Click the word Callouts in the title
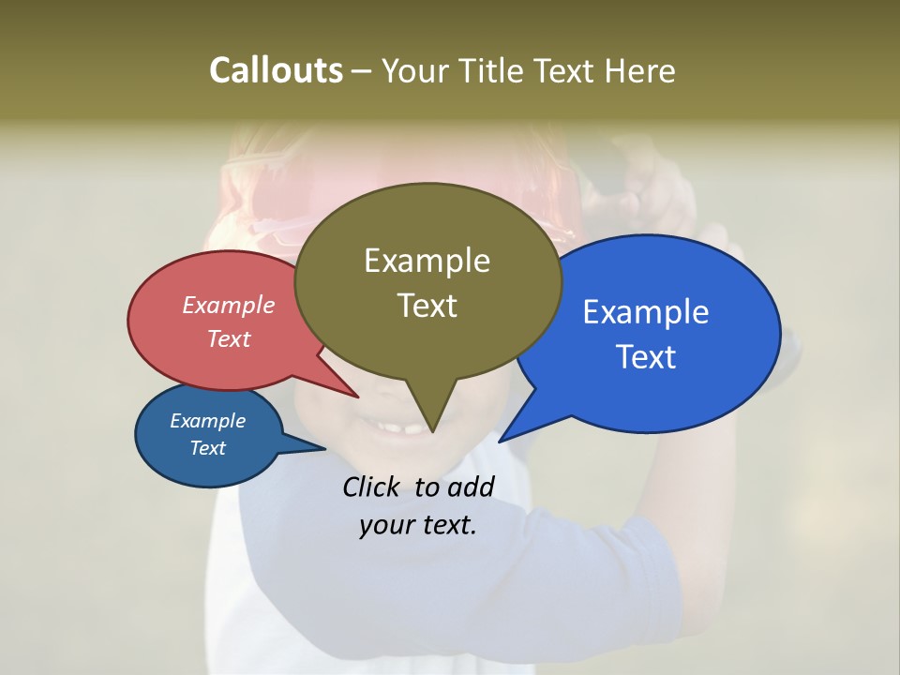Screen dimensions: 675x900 pyautogui.click(x=276, y=70)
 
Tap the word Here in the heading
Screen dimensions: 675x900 pyautogui.click(x=639, y=70)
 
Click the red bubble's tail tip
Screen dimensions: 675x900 pyautogui.click(x=357, y=397)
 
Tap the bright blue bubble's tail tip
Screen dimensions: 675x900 pyautogui.click(x=501, y=441)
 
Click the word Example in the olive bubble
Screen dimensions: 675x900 pyautogui.click(x=427, y=261)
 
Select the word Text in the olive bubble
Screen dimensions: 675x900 pyautogui.click(x=427, y=306)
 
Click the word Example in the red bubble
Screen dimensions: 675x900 pyautogui.click(x=229, y=305)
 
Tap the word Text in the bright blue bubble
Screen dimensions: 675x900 pyautogui.click(x=647, y=357)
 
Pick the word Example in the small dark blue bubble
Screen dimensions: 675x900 pyautogui.click(x=207, y=421)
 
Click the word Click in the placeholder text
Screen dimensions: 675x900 pyautogui.click(x=372, y=487)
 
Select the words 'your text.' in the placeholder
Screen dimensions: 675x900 pyautogui.click(x=418, y=525)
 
